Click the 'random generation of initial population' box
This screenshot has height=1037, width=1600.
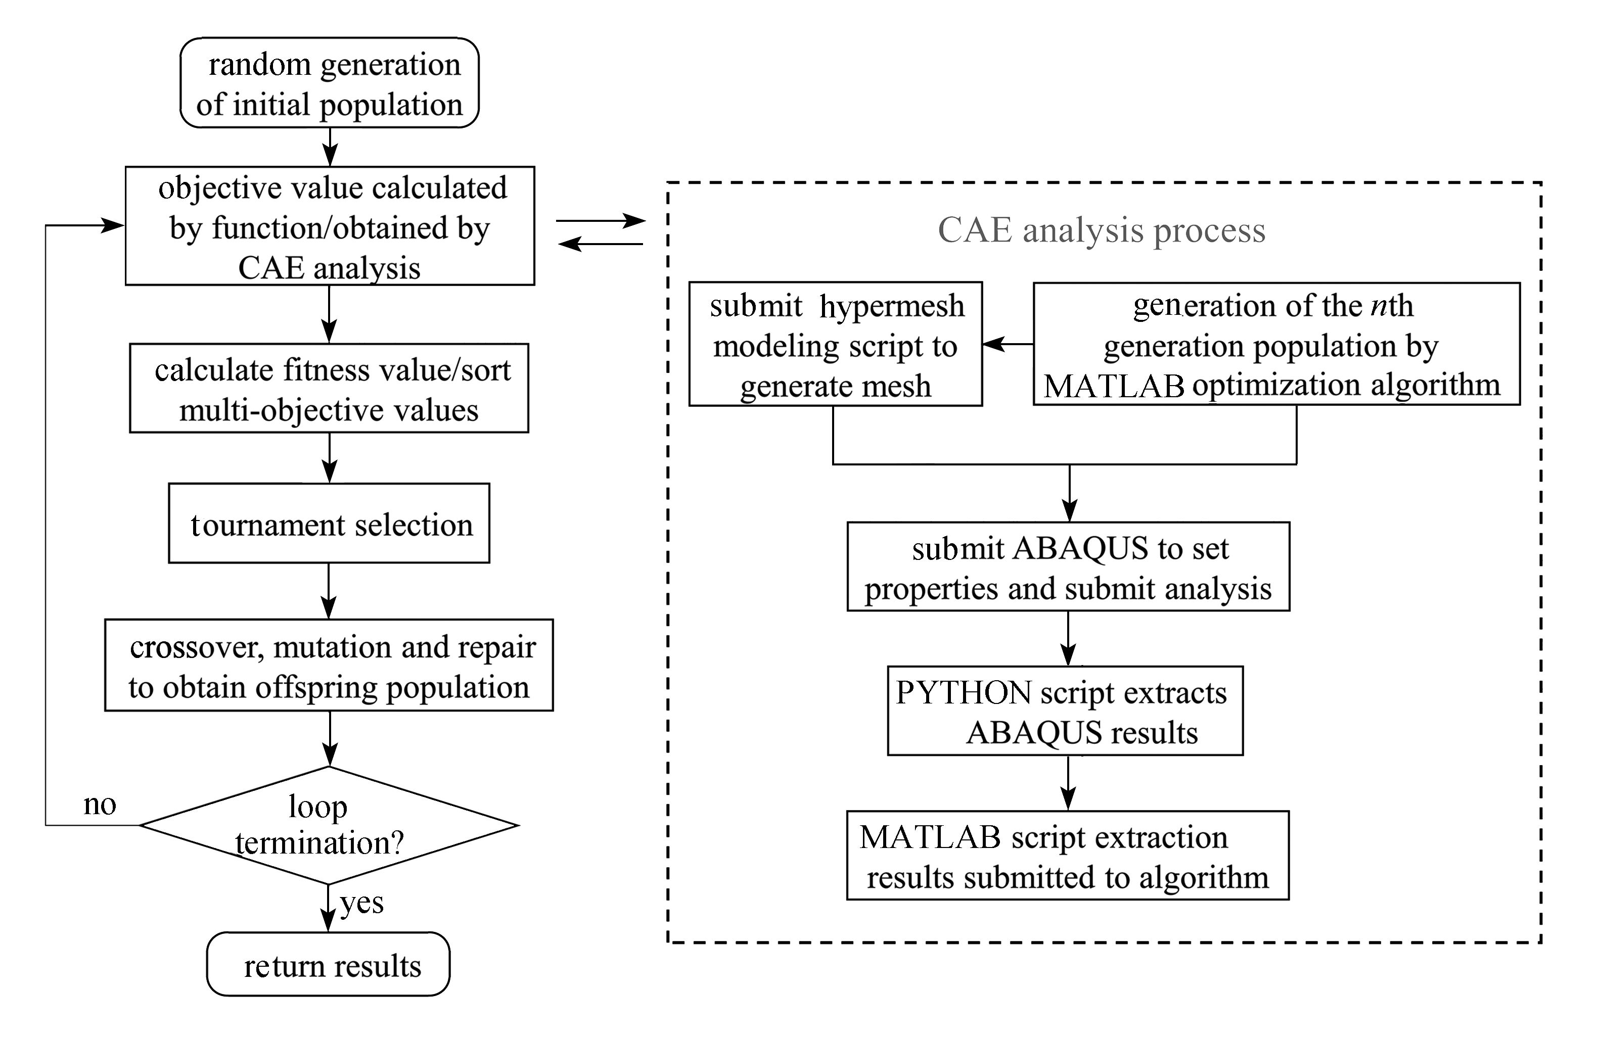pos(330,83)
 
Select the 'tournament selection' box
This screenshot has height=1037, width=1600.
pos(329,523)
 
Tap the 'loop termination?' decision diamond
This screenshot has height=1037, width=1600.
pos(329,825)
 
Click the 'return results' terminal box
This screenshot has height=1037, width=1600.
pos(328,964)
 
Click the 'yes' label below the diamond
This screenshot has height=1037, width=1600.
pos(361,903)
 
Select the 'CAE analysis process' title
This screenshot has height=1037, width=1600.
pos(1101,230)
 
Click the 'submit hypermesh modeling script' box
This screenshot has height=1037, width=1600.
pos(835,344)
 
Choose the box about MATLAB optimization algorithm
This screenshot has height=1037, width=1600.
pos(1276,344)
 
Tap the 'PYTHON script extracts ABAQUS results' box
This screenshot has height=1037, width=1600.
pos(1065,711)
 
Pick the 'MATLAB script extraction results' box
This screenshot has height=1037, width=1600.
pos(1068,855)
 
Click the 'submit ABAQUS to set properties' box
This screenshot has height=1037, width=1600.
pos(1068,567)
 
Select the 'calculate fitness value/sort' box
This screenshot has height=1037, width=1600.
pos(329,389)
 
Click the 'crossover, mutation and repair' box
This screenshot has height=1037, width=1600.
pos(329,666)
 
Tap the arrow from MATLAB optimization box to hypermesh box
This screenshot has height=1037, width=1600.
pos(1008,344)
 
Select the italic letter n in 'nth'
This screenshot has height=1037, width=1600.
pos(1379,306)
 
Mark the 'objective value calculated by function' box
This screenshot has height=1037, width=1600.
pos(330,226)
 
